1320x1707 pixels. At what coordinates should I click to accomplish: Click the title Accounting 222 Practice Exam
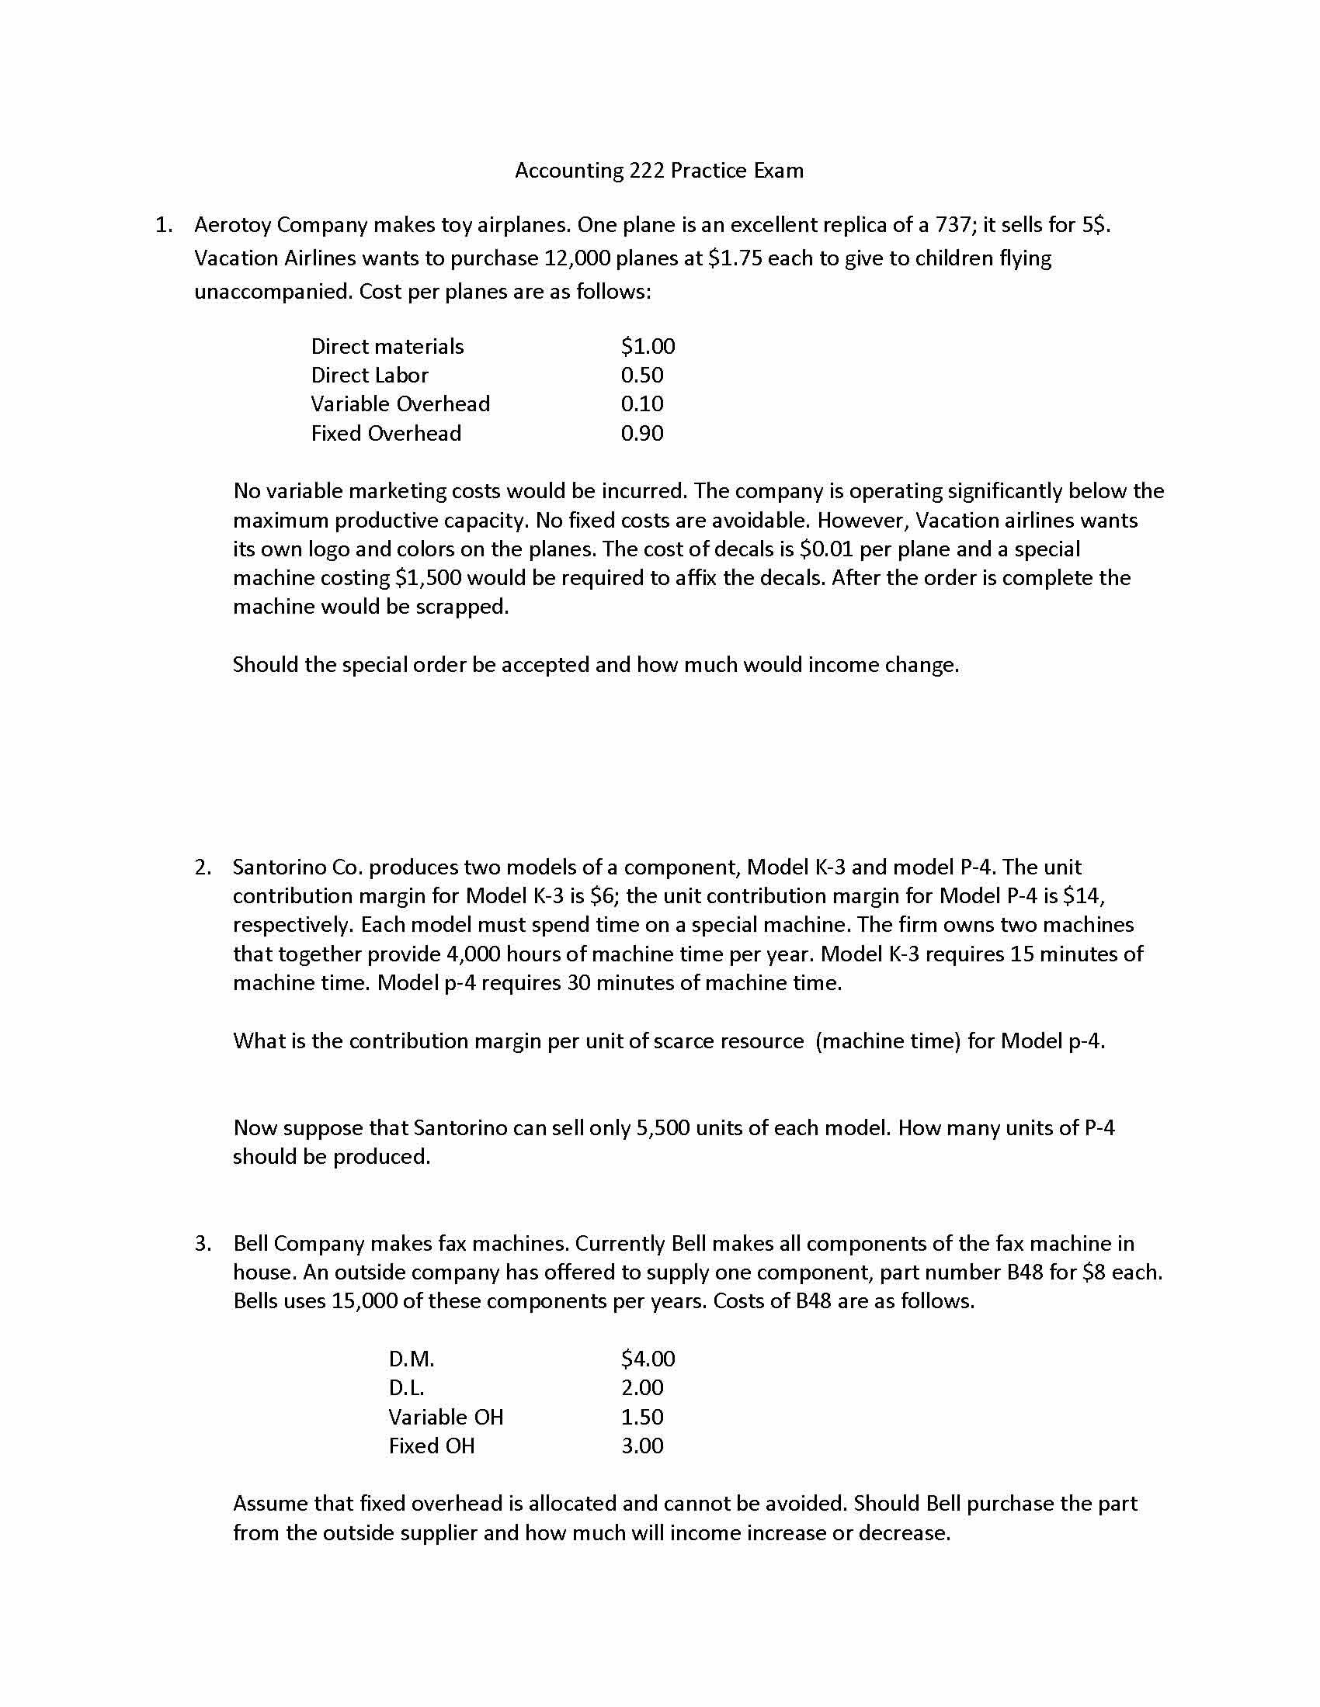tap(658, 171)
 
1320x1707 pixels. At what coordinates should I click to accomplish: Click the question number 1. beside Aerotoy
tap(163, 225)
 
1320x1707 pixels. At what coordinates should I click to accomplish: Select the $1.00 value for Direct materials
tap(648, 346)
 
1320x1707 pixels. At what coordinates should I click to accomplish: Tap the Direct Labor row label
tap(369, 376)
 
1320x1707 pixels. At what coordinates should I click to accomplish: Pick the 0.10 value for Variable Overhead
tap(642, 404)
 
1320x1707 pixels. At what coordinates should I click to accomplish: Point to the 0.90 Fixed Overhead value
tap(642, 433)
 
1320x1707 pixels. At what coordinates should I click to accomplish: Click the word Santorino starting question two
tap(280, 867)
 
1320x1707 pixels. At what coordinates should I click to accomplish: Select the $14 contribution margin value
tap(1082, 895)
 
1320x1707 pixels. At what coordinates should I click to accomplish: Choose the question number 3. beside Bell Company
tap(203, 1244)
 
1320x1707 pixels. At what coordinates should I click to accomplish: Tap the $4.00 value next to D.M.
tap(648, 1359)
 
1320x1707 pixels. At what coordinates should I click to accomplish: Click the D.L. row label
tap(406, 1388)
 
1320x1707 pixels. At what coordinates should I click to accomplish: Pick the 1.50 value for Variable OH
tap(642, 1417)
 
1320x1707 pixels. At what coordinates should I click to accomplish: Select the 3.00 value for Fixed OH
tap(642, 1446)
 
